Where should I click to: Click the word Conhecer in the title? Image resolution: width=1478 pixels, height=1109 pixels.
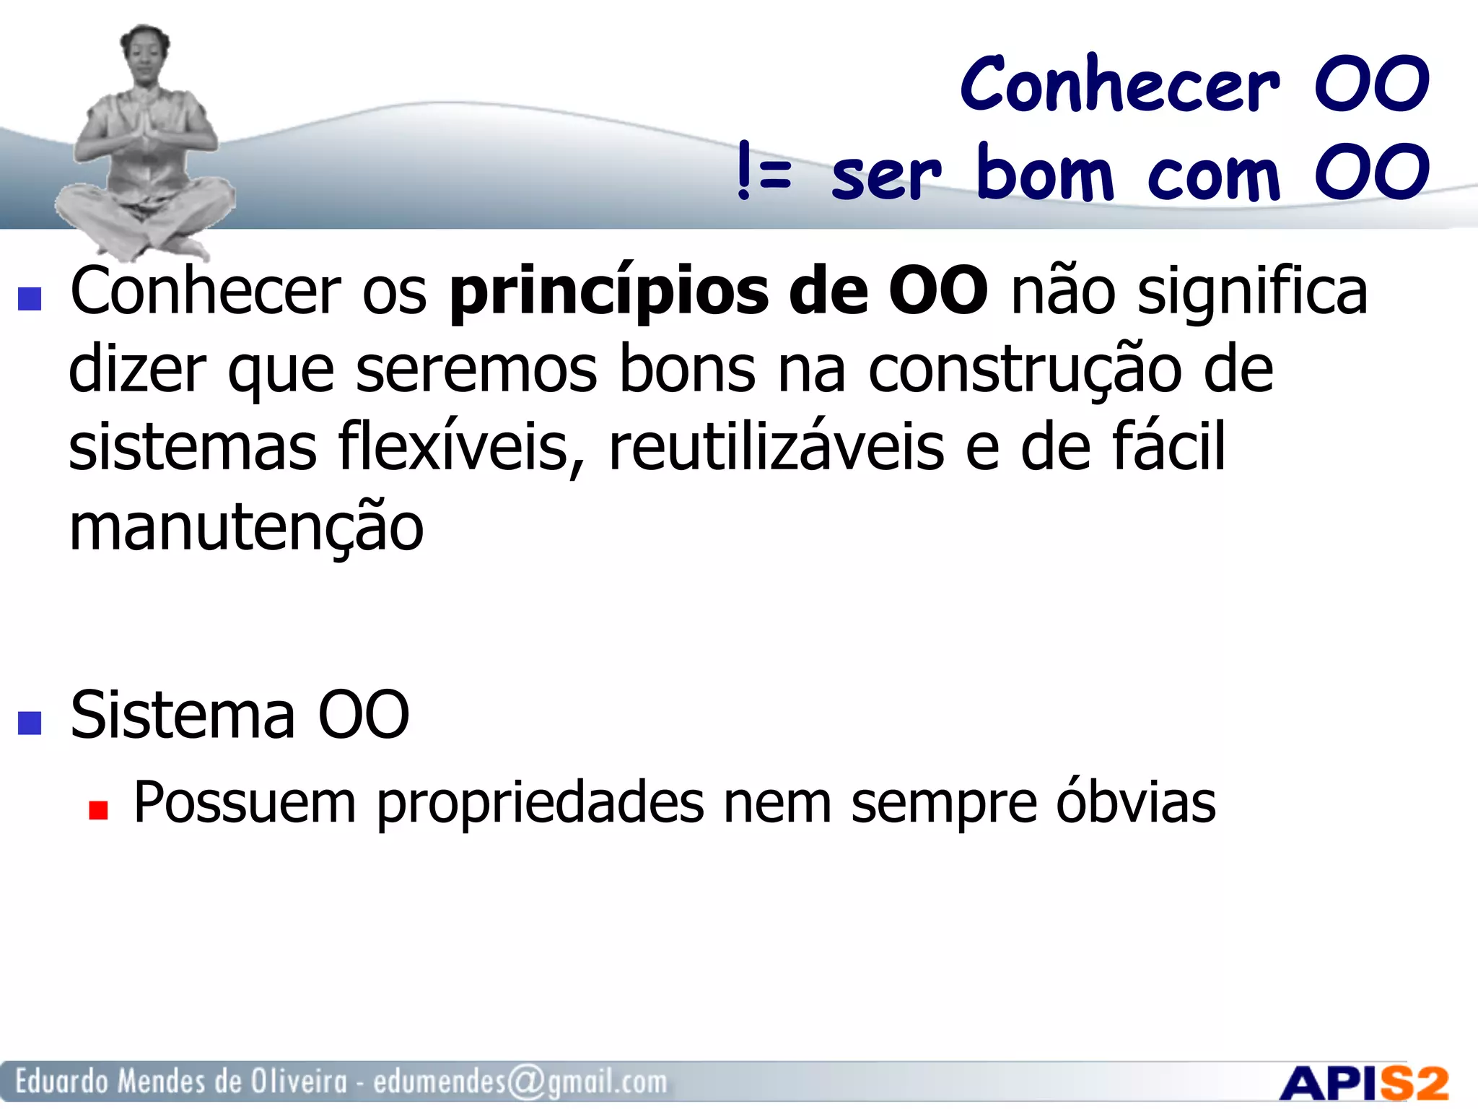tap(1121, 85)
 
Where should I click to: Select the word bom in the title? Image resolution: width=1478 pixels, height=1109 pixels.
tap(1045, 173)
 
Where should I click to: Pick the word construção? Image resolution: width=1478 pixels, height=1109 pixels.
tap(1025, 370)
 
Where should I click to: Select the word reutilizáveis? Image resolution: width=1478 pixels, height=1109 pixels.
tap(777, 448)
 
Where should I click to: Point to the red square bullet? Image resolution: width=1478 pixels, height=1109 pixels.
tap(98, 810)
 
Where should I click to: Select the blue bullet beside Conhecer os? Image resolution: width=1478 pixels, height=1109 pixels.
tap(30, 298)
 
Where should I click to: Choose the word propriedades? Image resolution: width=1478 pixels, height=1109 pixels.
tap(541, 804)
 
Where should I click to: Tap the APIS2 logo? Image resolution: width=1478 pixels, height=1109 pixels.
tap(1364, 1083)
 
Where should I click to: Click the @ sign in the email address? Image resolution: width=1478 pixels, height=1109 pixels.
tap(526, 1082)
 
